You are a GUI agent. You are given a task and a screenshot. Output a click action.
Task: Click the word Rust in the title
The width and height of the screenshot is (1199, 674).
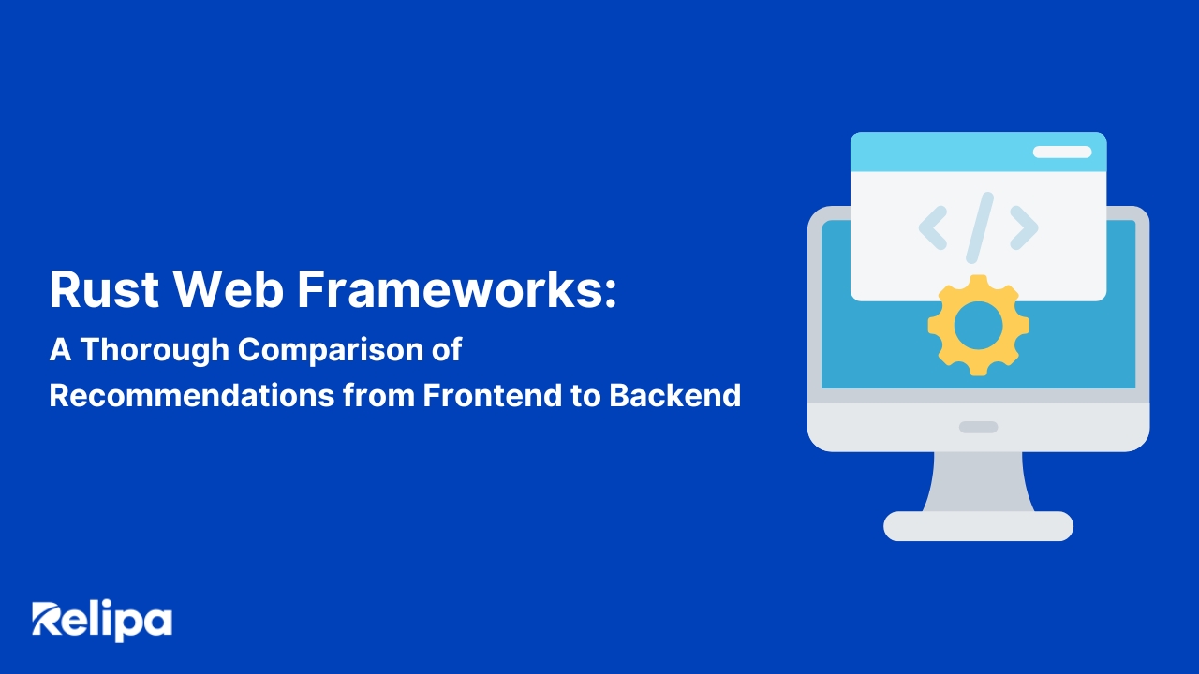pyautogui.click(x=103, y=289)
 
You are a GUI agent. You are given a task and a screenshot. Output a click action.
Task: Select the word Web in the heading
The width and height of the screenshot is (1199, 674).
pyautogui.click(x=229, y=289)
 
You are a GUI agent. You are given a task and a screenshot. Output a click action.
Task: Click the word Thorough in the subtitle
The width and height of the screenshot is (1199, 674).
pyautogui.click(x=155, y=349)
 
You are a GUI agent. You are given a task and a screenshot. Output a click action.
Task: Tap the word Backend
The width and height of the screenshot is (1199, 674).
pyautogui.click(x=674, y=395)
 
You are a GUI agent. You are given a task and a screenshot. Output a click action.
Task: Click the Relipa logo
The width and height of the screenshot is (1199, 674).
pyautogui.click(x=102, y=621)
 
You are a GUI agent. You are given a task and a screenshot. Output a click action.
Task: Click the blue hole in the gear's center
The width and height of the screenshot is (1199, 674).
pyautogui.click(x=978, y=326)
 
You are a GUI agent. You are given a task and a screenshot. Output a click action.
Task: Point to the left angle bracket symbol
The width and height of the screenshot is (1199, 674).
pyautogui.click(x=932, y=227)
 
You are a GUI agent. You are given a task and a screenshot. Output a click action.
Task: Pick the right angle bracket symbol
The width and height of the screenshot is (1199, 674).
pyautogui.click(x=1024, y=227)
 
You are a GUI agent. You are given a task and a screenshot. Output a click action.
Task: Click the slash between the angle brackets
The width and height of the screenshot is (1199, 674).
pyautogui.click(x=979, y=227)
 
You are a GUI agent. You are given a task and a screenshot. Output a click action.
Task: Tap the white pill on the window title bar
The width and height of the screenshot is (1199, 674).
pyautogui.click(x=1061, y=152)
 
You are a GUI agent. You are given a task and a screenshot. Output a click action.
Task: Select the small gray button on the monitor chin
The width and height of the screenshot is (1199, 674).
pyautogui.click(x=978, y=427)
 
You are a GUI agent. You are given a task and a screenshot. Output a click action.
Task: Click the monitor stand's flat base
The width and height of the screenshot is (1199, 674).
pyautogui.click(x=978, y=526)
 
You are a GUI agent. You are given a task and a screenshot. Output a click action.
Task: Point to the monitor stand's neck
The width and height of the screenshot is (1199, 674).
pyautogui.click(x=978, y=481)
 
